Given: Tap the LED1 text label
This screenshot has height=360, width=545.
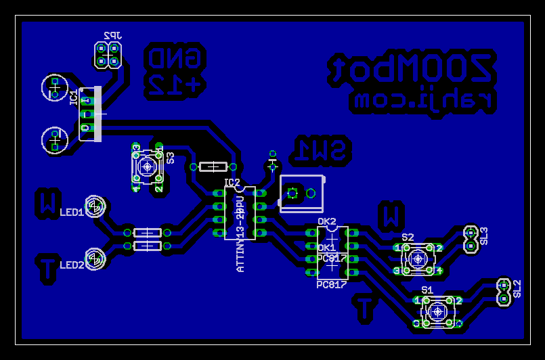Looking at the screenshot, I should [x=71, y=212].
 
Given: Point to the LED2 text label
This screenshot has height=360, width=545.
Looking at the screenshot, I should [x=71, y=265].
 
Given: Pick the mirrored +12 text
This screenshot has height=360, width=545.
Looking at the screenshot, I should [x=175, y=85].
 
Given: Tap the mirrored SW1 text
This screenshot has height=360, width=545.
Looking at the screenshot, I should [x=324, y=152].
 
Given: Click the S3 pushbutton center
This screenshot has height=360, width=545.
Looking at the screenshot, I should [x=147, y=166].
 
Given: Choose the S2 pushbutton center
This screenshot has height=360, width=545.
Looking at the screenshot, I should [x=418, y=258].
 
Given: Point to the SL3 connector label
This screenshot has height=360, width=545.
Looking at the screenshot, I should [x=484, y=235].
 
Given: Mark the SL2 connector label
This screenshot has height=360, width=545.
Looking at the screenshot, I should [x=517, y=289].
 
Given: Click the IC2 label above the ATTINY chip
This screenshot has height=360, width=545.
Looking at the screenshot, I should [x=232, y=183].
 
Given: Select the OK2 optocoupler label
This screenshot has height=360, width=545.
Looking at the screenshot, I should [x=327, y=221].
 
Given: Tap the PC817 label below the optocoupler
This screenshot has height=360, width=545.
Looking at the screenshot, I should [x=331, y=285].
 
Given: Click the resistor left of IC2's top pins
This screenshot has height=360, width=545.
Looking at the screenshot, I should [x=213, y=166].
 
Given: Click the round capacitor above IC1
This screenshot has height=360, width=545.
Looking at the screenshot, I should [x=54, y=87].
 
